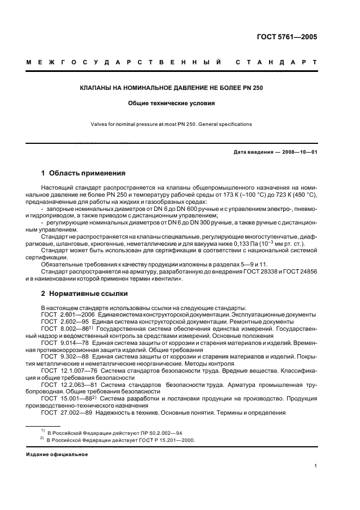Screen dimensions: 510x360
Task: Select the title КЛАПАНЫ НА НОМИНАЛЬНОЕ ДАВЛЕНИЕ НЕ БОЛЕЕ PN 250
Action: tap(172, 88)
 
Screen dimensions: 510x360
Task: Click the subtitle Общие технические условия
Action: tap(172, 102)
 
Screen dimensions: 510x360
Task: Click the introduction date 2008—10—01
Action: tap(298, 151)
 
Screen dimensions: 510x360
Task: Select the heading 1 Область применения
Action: tap(83, 173)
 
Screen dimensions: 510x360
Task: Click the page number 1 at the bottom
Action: tap(315, 466)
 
